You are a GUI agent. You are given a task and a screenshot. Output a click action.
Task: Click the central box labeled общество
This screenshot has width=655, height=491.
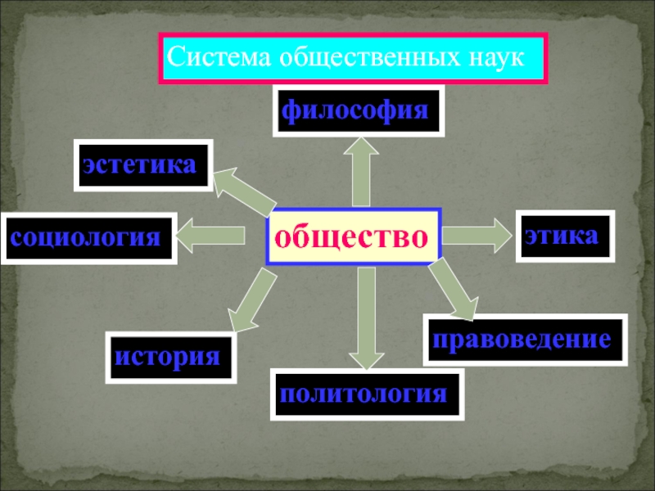[353, 236]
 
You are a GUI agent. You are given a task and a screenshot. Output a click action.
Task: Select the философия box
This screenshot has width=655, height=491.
[358, 110]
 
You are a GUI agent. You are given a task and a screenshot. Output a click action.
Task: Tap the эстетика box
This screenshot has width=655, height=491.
[142, 165]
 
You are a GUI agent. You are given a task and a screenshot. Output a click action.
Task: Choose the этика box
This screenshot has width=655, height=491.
[564, 236]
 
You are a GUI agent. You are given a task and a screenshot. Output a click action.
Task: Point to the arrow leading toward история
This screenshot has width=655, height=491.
[249, 302]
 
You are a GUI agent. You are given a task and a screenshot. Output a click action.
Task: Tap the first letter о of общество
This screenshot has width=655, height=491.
[282, 237]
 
